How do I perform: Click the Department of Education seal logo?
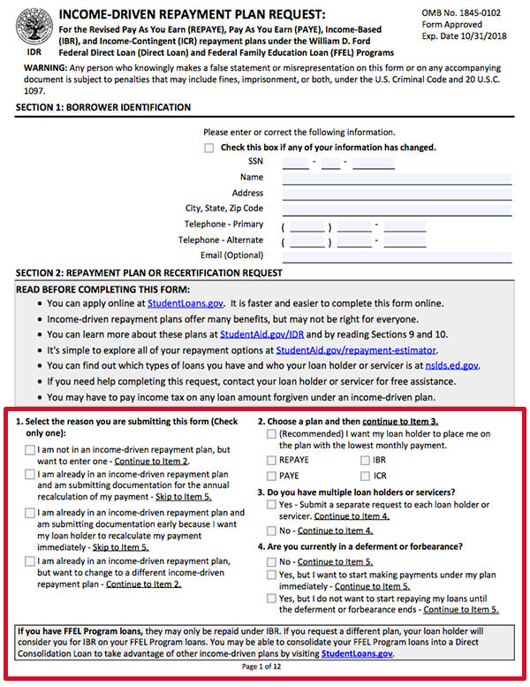pyautogui.click(x=27, y=28)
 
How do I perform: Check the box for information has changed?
pyautogui.click(x=209, y=148)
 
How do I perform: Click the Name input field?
pyautogui.click(x=397, y=178)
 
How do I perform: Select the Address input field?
pyautogui.click(x=397, y=193)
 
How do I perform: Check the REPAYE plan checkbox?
pyautogui.click(x=272, y=461)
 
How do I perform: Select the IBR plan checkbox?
pyautogui.click(x=364, y=461)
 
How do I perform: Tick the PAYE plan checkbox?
pyautogui.click(x=272, y=476)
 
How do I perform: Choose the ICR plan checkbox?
pyautogui.click(x=364, y=476)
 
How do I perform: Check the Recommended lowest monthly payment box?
pyautogui.click(x=272, y=434)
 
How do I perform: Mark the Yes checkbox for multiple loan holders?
pyautogui.click(x=272, y=504)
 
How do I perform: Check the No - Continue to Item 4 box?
pyautogui.click(x=272, y=531)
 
